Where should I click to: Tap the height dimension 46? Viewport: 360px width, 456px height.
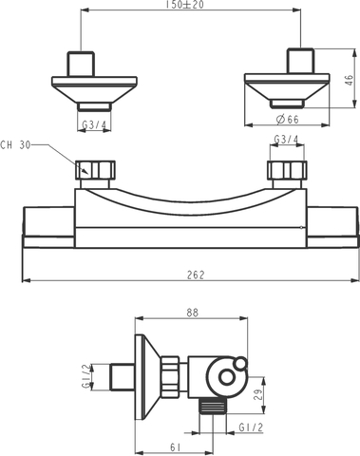[x=349, y=82]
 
